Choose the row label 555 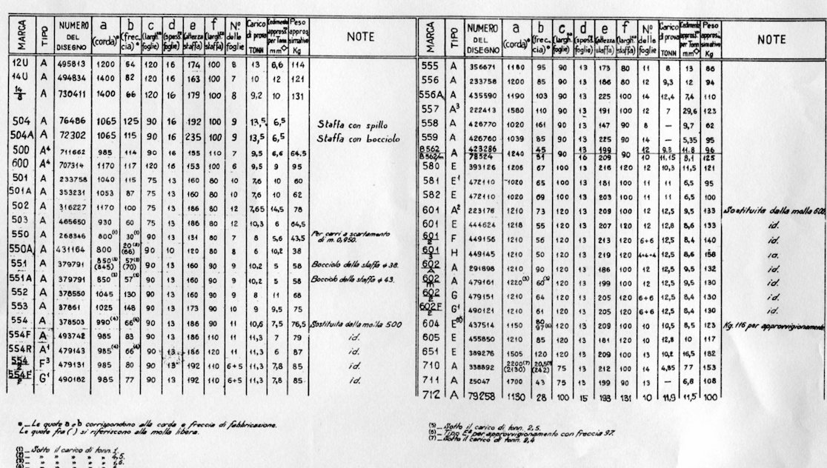(431, 66)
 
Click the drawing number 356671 (484, 66)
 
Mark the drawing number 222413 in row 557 (484, 109)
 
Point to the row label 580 (431, 167)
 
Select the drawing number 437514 (484, 326)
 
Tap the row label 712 (431, 395)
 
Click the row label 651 (431, 354)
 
